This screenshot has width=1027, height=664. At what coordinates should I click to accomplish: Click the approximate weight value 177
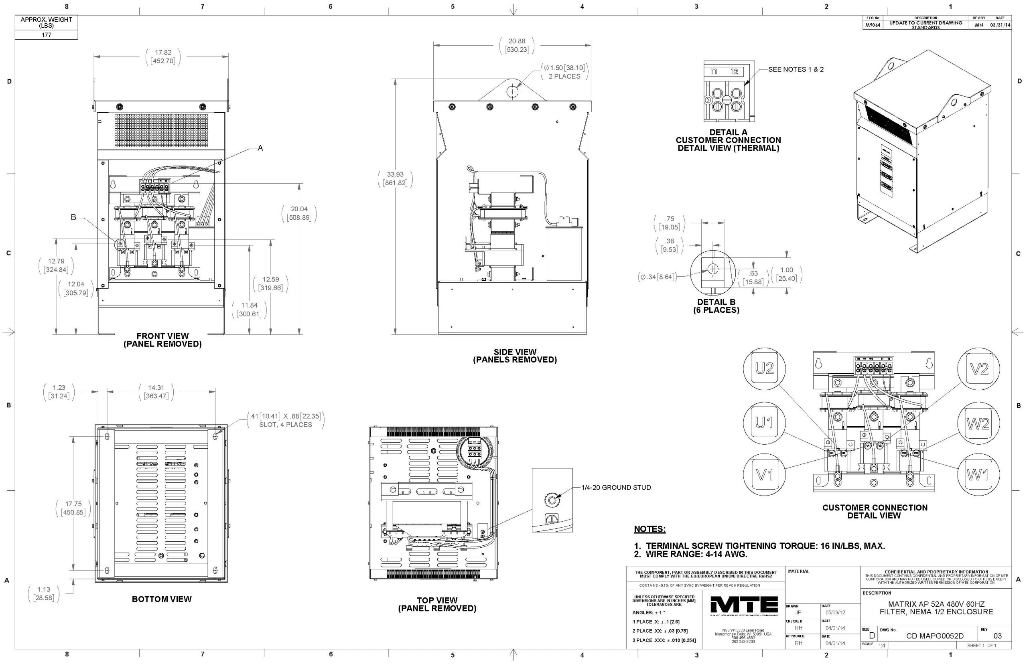pos(46,35)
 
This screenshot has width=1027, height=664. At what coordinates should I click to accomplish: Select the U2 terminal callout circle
pos(764,368)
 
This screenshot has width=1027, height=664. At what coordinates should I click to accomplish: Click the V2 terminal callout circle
pos(979,368)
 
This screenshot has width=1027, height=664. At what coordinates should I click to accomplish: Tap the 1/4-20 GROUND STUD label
pos(616,488)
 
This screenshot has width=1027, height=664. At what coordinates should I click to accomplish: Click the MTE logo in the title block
pos(744,606)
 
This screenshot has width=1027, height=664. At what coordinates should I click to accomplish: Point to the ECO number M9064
pos(872,25)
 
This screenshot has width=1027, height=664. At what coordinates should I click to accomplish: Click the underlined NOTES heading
pos(649,529)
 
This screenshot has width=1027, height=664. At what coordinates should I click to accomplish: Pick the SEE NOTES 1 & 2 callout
pos(796,69)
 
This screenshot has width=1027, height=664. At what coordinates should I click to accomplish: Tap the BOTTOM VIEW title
pos(162,599)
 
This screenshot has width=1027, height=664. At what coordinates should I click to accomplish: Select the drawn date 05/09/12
pos(835,612)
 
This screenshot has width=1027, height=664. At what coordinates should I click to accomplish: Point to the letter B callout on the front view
pos(73,218)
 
